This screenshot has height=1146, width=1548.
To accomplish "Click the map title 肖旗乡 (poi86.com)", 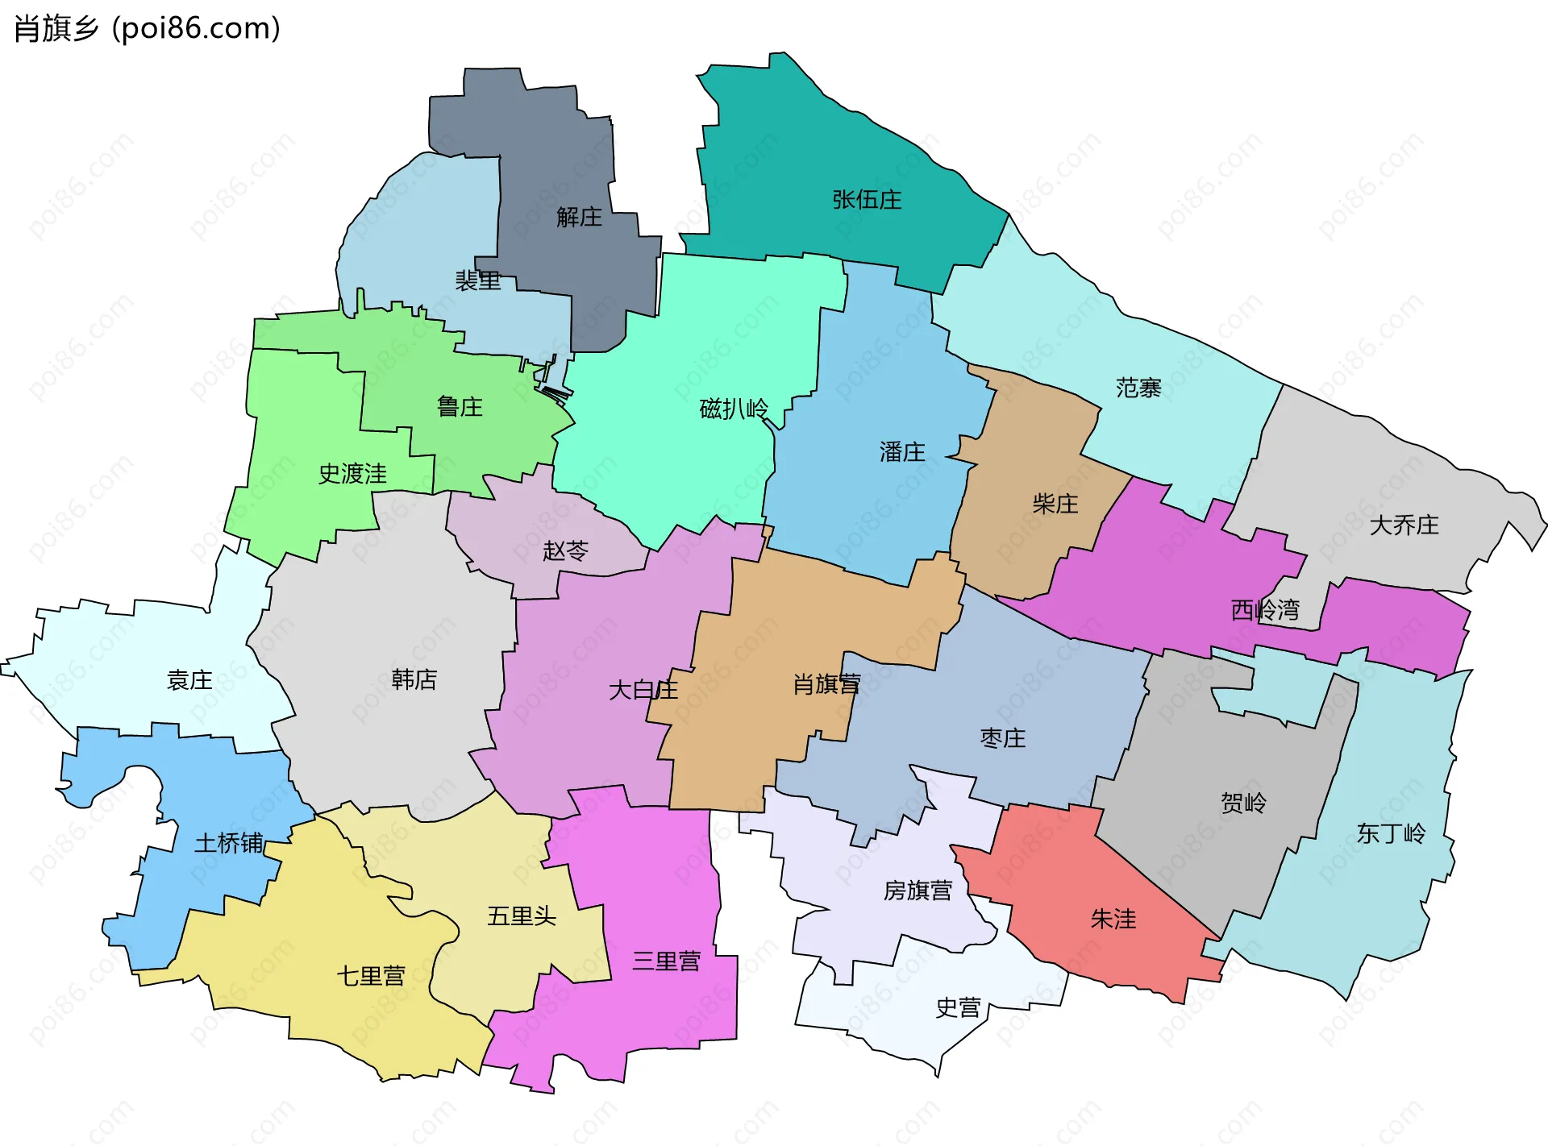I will [148, 28].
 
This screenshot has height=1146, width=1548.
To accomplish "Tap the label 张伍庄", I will [867, 199].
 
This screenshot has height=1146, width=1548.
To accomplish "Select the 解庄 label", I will [579, 217].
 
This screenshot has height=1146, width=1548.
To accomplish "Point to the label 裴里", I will [478, 280].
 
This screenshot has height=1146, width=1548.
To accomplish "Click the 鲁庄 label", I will [460, 406].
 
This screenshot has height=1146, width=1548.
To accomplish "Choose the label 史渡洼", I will [352, 473].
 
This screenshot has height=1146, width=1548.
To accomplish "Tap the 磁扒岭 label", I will [734, 409].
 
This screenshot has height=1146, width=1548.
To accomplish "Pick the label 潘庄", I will [902, 451].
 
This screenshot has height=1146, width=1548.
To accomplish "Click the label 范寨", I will [1138, 388].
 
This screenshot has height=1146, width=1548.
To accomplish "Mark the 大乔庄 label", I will [1404, 525].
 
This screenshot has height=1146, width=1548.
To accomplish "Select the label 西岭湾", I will [1265, 609].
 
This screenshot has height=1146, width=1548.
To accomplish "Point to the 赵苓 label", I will [565, 550].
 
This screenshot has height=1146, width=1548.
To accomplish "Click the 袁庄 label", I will [189, 680].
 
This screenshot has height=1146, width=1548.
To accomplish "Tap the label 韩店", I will [414, 679].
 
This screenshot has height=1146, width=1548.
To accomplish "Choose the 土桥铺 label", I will [229, 843].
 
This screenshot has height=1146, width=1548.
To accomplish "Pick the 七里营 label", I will [371, 976].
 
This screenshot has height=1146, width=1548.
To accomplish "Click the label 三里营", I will [666, 961].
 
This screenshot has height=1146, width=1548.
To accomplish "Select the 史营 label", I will [958, 1007].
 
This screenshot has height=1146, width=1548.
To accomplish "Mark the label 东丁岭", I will [1391, 833].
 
